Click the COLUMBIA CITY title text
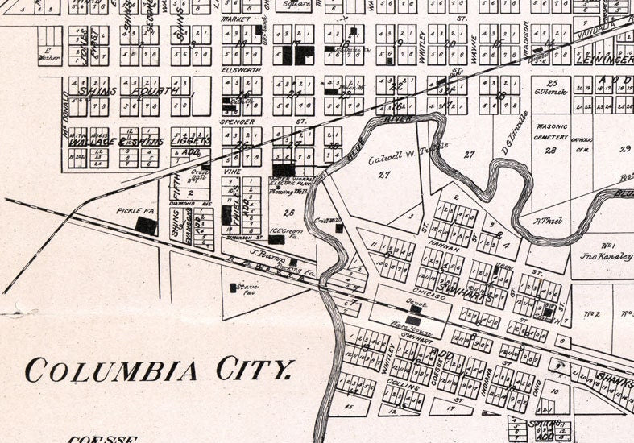coord(157,371)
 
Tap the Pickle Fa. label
coord(128,211)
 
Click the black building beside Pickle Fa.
coord(146,226)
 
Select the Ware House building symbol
coord(412,320)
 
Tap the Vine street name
coord(233,172)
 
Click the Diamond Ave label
coord(183,203)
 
